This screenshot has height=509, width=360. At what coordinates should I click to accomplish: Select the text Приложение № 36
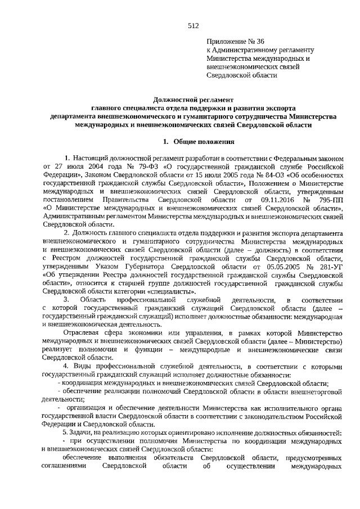(x=235, y=42)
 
